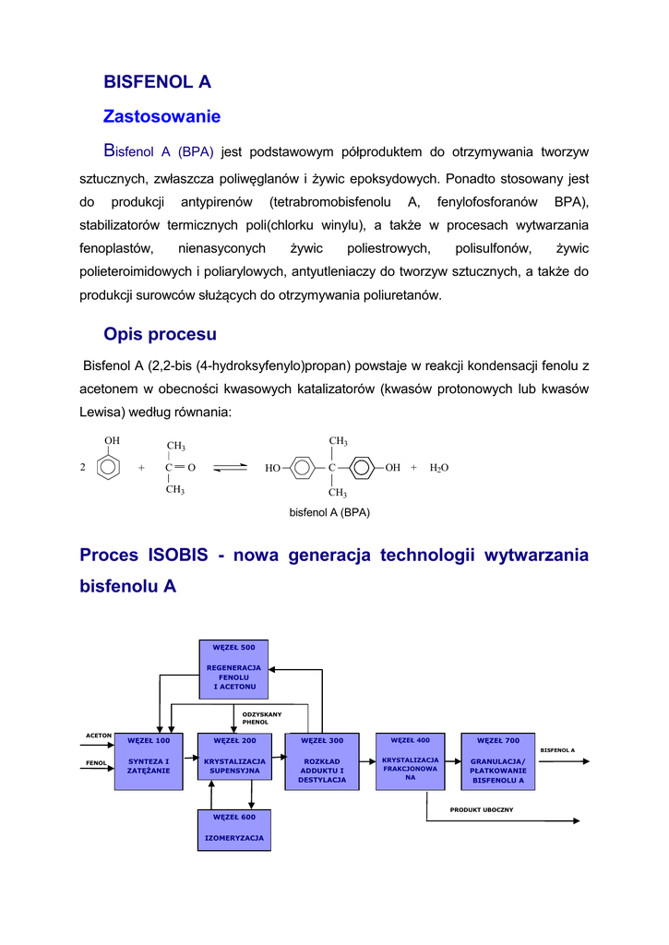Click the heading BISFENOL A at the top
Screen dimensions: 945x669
pos(157,82)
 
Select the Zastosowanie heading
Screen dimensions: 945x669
pos(161,117)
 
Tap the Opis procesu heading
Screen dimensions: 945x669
pos(160,334)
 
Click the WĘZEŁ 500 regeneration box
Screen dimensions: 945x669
pos(234,668)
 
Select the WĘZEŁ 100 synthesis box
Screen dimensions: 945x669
pos(149,761)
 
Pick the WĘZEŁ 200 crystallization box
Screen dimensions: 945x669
pos(234,761)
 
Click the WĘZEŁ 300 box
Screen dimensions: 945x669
pos(322,761)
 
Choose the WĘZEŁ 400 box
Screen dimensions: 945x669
pos(411,760)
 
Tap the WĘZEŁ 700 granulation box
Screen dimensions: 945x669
pos(498,761)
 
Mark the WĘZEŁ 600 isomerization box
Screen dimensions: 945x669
pos(234,830)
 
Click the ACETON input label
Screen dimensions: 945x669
pos(99,736)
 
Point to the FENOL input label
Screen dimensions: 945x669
pos(97,763)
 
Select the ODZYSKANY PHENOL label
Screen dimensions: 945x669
pos(261,718)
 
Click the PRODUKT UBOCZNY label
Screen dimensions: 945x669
pos(482,810)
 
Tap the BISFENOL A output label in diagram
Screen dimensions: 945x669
pos(557,750)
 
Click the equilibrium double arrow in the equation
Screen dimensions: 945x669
pos(231,468)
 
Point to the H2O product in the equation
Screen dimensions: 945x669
pos(438,468)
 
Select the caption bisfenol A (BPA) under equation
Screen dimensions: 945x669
pos(329,511)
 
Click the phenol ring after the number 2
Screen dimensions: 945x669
pos(110,465)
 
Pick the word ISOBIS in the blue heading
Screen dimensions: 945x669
pos(180,556)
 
